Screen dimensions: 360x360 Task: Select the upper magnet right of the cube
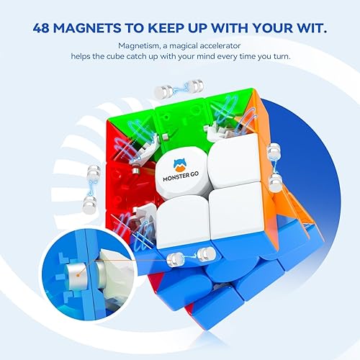[274, 153]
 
